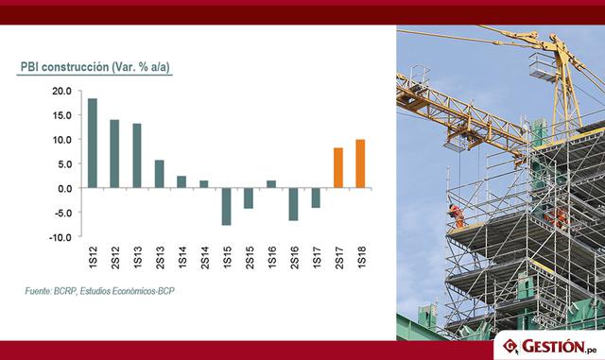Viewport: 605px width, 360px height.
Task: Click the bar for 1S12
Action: click(93, 143)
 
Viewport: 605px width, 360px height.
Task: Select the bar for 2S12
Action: click(114, 153)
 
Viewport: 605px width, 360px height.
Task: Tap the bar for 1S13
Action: click(137, 155)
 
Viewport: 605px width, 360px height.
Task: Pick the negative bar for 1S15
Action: click(227, 206)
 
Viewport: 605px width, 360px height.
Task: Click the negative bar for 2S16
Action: click(294, 204)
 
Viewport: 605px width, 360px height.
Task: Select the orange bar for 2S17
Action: click(337, 168)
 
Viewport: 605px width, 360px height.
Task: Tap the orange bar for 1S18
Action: click(360, 163)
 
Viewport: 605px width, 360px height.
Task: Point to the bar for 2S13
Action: click(159, 174)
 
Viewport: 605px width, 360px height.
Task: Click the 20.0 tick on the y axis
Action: click(60, 91)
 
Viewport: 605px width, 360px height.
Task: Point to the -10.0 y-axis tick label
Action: click(60, 237)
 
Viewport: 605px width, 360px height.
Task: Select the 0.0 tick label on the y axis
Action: click(63, 188)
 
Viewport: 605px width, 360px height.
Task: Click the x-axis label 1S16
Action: click(271, 257)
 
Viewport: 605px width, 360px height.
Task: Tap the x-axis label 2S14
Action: click(204, 257)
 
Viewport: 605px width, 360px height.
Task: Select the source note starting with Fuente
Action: click(100, 291)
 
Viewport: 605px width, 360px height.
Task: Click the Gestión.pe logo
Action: click(548, 346)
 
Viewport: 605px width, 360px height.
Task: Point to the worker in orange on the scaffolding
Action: click(458, 214)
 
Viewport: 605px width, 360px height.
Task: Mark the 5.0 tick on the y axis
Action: click(63, 163)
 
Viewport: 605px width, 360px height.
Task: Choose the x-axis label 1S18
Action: click(361, 257)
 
